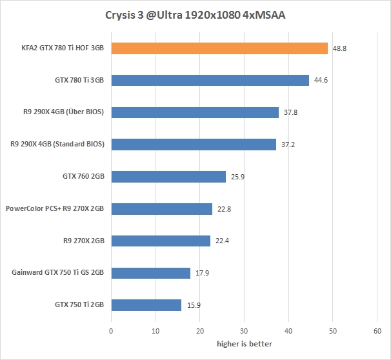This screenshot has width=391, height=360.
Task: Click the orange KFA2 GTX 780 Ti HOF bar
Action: click(x=219, y=48)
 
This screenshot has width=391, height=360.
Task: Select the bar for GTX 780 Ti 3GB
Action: click(x=210, y=81)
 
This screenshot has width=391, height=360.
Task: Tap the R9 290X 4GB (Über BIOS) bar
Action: click(x=195, y=112)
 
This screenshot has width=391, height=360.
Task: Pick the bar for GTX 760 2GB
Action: click(x=168, y=177)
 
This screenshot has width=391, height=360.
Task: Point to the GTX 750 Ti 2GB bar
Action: click(x=146, y=305)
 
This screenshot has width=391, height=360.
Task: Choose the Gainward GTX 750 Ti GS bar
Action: click(x=151, y=273)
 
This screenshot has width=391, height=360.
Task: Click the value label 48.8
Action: click(x=338, y=49)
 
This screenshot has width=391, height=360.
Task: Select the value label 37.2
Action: click(x=287, y=145)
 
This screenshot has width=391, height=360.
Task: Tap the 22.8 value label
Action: click(x=223, y=209)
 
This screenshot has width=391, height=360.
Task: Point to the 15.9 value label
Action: click(x=192, y=305)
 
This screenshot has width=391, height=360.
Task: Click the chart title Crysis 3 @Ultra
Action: click(x=195, y=15)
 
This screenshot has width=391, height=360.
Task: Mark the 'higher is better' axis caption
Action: click(x=244, y=344)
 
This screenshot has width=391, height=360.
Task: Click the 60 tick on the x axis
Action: click(x=377, y=331)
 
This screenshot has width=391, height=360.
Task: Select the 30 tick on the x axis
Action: click(x=245, y=331)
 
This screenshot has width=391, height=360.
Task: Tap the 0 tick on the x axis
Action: click(x=112, y=331)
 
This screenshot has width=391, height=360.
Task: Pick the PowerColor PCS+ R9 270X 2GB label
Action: click(x=55, y=209)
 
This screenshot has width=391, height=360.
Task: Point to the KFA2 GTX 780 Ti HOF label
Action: click(x=61, y=48)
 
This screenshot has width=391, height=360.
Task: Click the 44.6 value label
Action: click(x=320, y=81)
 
